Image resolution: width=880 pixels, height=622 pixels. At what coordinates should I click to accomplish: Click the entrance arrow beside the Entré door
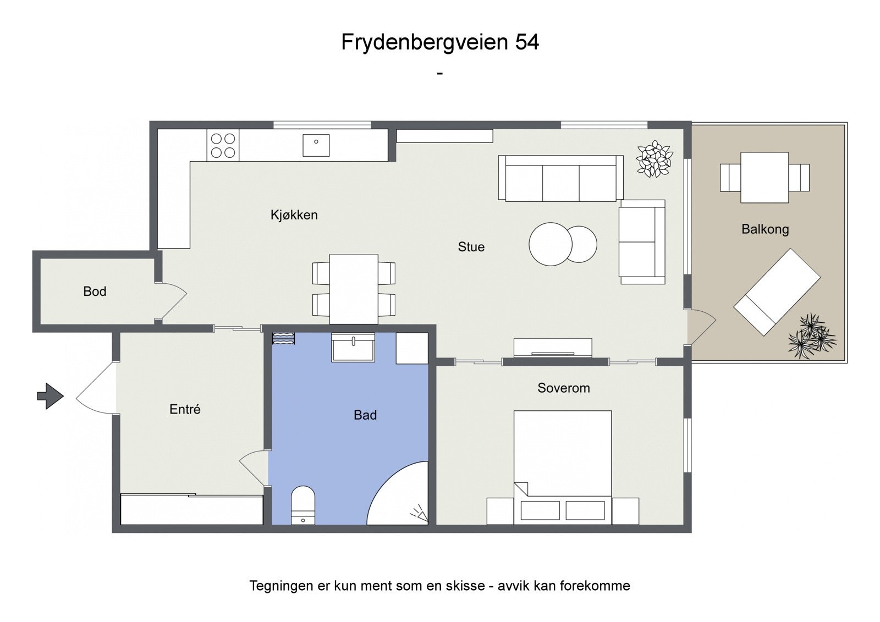tap(50, 396)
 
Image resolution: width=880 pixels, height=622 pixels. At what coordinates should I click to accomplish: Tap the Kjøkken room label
tap(294, 215)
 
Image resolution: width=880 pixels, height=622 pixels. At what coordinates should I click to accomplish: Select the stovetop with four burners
tap(223, 145)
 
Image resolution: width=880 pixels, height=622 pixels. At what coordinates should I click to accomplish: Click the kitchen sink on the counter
tap(316, 145)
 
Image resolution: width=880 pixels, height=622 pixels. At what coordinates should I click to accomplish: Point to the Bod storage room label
tap(95, 291)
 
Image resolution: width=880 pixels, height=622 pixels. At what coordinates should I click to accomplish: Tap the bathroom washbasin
tap(353, 347)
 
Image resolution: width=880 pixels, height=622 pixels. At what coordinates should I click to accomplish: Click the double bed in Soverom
tap(563, 462)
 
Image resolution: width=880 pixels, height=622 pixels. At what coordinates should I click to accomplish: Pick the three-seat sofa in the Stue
tap(560, 178)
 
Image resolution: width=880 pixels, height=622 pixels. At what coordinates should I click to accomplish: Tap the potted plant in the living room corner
tap(654, 159)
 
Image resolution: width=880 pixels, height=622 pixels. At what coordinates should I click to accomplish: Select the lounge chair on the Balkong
tap(777, 292)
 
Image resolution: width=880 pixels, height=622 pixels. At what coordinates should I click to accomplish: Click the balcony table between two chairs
tap(765, 178)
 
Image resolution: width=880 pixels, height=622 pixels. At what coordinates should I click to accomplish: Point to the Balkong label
tap(765, 229)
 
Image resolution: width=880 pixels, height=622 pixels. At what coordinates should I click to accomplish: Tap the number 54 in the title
tap(526, 42)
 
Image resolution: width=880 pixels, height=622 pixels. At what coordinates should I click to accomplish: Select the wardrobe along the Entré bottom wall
tap(191, 510)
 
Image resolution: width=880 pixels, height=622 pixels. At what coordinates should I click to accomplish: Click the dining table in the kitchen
tap(353, 289)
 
